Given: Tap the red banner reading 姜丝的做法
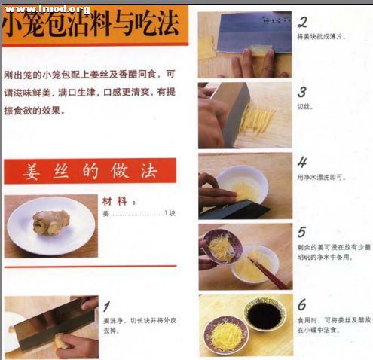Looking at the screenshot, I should (x=90, y=171).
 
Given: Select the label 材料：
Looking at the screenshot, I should (x=119, y=202).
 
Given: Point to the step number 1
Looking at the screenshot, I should (x=108, y=306).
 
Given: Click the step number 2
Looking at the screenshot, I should (x=302, y=23).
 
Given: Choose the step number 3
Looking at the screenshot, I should (x=301, y=92).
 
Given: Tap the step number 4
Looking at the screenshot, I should (x=301, y=162).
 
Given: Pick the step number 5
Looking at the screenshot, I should (x=301, y=232).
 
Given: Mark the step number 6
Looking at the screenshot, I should (x=301, y=304).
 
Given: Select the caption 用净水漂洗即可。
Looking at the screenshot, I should (x=322, y=177).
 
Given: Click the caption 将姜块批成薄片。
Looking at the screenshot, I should (x=322, y=37).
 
